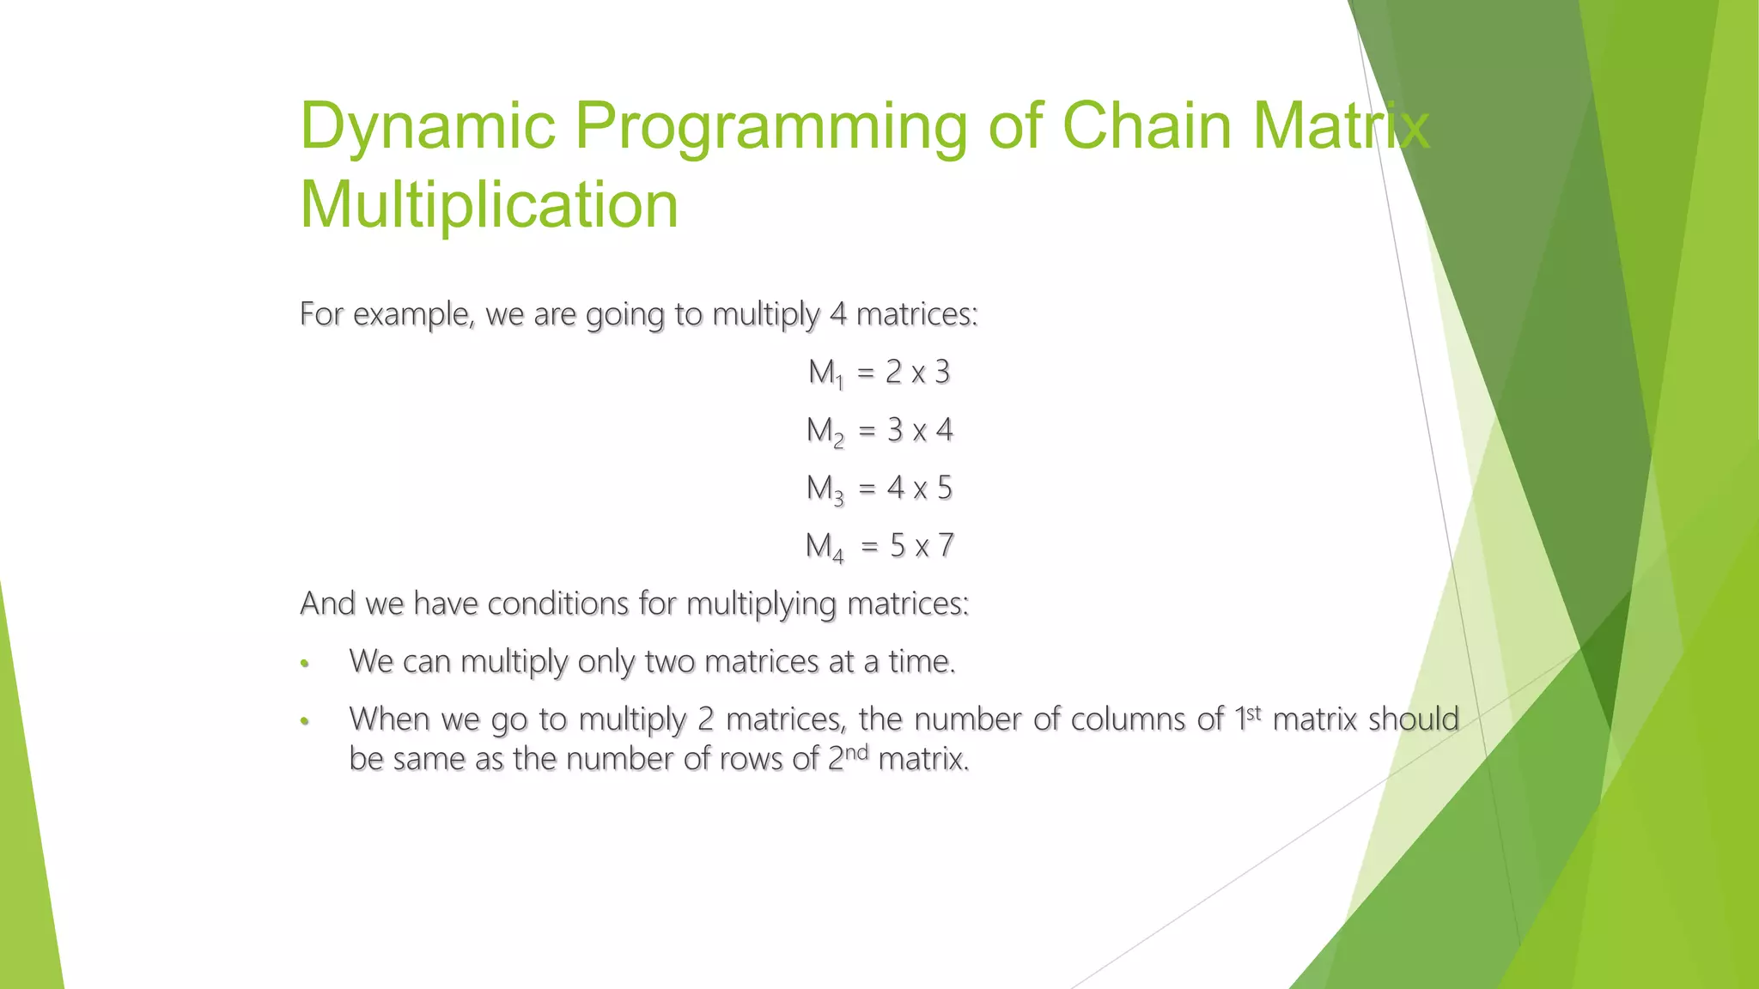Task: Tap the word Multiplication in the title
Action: click(x=489, y=205)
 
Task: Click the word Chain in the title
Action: click(x=1147, y=126)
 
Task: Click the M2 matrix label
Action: click(x=825, y=431)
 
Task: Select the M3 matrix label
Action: click(x=825, y=488)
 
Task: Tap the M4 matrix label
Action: click(x=824, y=546)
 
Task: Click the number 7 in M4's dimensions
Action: click(x=945, y=545)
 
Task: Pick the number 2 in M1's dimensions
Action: click(x=893, y=372)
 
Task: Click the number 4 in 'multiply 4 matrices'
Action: click(x=837, y=314)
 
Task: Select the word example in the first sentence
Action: click(x=413, y=315)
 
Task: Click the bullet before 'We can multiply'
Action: click(x=304, y=664)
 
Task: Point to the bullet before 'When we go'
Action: click(x=304, y=721)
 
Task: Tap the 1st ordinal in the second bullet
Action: click(x=1247, y=717)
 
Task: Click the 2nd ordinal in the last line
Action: click(x=848, y=757)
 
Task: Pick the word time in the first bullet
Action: click(x=921, y=662)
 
